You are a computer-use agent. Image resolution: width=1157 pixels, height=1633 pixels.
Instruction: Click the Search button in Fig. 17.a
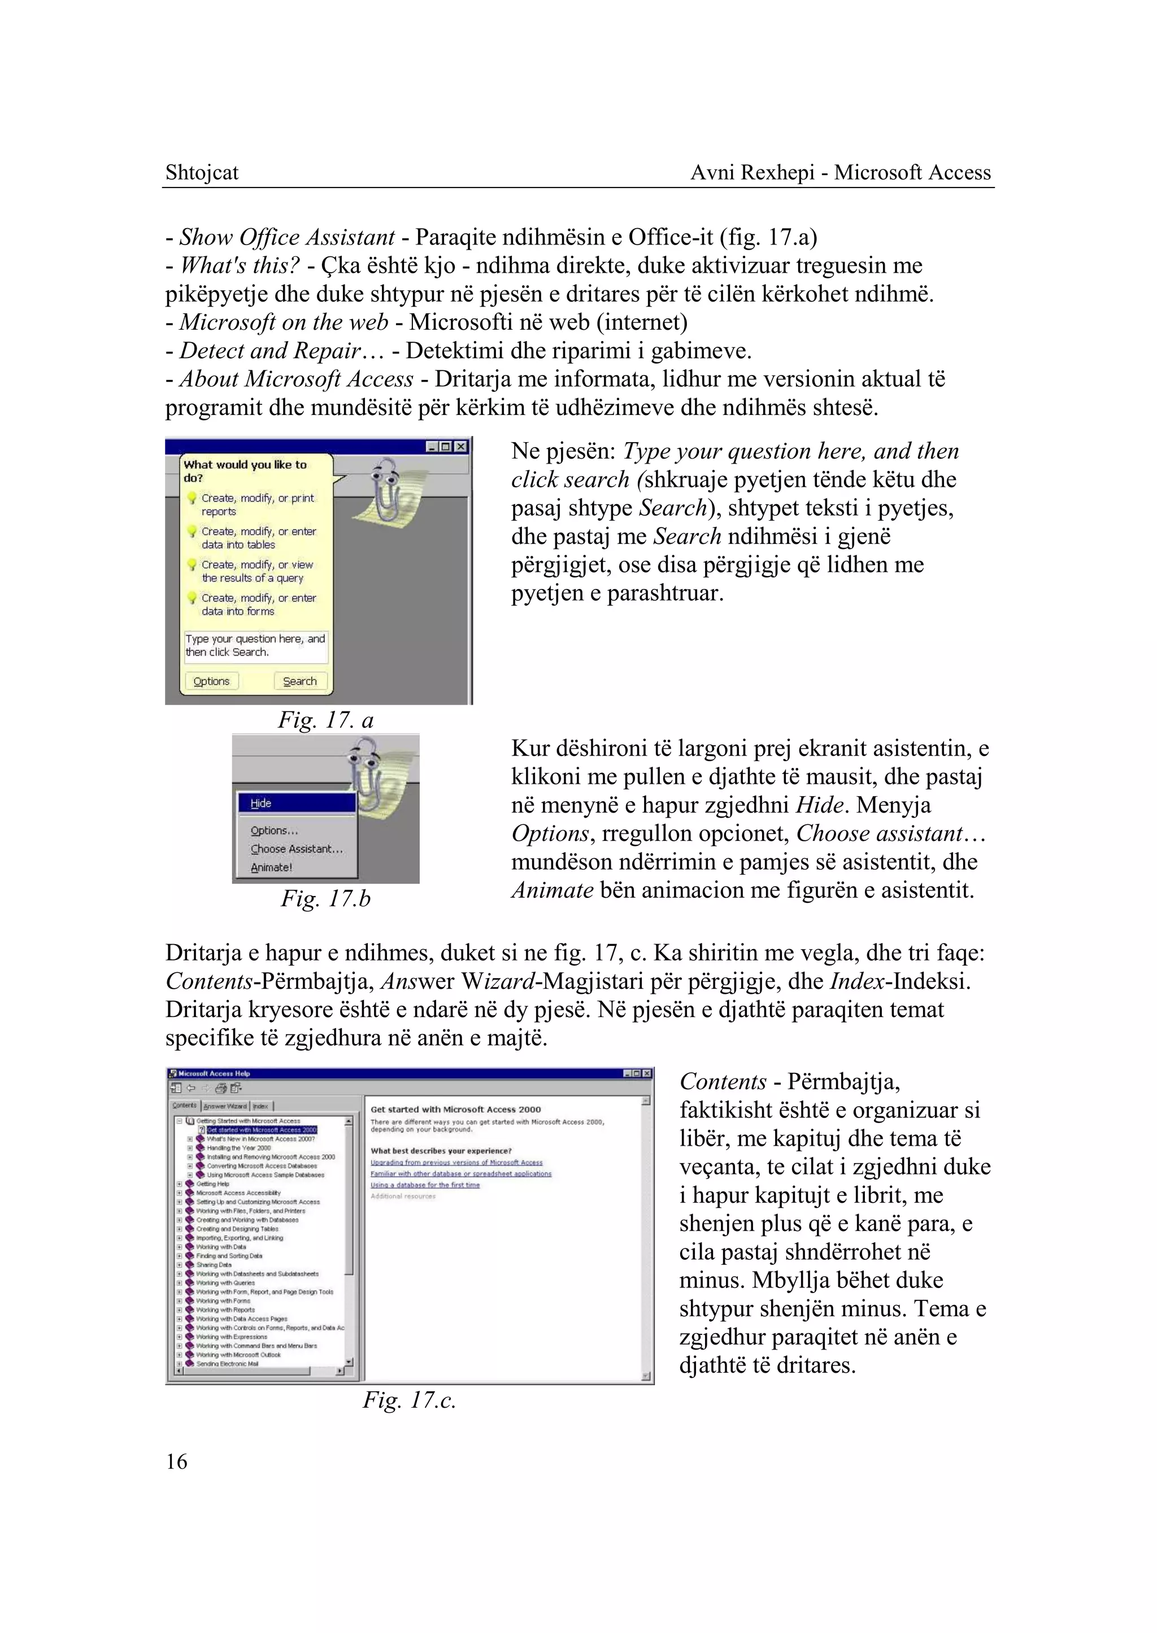pyautogui.click(x=300, y=682)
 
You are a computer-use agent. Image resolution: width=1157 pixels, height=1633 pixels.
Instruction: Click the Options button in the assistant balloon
pyautogui.click(x=212, y=682)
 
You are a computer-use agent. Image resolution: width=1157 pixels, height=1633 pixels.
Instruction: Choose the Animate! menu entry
pyautogui.click(x=271, y=867)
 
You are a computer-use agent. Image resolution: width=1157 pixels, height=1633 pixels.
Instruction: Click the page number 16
pyautogui.click(x=177, y=1461)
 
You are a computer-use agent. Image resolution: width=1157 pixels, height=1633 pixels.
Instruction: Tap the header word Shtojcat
pyautogui.click(x=202, y=172)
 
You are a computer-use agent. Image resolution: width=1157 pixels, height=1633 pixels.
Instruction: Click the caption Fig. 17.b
pyautogui.click(x=325, y=899)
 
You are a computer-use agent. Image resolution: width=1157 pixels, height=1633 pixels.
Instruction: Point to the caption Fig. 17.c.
pyautogui.click(x=409, y=1400)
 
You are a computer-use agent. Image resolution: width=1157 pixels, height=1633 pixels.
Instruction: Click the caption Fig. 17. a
pyautogui.click(x=325, y=720)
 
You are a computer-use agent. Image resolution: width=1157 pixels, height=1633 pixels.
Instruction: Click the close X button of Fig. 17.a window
pyautogui.click(x=461, y=447)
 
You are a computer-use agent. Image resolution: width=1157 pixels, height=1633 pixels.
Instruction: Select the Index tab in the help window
pyautogui.click(x=261, y=1106)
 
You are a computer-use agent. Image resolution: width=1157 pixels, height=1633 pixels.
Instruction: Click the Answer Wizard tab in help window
pyautogui.click(x=225, y=1106)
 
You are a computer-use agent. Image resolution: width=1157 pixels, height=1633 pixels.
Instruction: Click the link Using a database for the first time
pyautogui.click(x=425, y=1185)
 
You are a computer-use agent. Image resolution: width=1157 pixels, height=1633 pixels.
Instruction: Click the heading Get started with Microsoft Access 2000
pyautogui.click(x=455, y=1109)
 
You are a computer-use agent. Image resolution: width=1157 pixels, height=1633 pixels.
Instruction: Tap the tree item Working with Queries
pyautogui.click(x=225, y=1282)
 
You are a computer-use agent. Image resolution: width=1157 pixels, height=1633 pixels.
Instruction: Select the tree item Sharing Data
pyautogui.click(x=214, y=1265)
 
